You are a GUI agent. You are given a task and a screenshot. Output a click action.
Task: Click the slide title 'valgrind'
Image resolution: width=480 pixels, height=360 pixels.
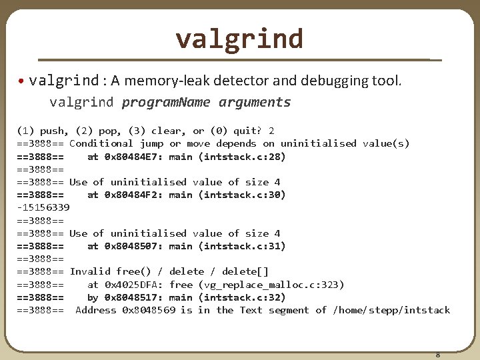coord(239,39)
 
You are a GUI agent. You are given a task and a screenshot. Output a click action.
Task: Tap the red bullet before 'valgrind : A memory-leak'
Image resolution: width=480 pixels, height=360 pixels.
coord(22,81)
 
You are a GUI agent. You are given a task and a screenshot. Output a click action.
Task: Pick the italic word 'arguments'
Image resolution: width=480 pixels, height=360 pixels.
coord(255,102)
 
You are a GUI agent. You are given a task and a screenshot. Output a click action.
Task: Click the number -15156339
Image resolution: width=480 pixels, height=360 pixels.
coord(43,208)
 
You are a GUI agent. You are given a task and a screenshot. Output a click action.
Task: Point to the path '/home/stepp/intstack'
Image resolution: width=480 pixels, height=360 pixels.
coord(391,310)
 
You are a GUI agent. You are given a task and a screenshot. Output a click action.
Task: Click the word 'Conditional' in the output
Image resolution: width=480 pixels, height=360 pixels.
coord(101,143)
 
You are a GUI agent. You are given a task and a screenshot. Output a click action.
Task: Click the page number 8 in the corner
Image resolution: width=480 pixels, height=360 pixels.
coord(437,355)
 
